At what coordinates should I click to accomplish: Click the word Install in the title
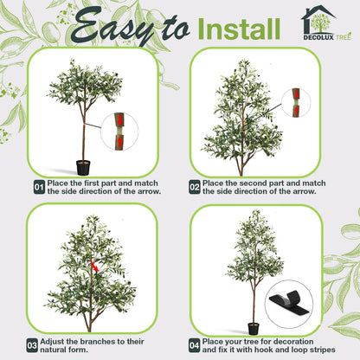coord(240,29)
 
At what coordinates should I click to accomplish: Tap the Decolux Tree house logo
coord(326,23)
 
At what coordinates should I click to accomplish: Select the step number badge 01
coord(39,187)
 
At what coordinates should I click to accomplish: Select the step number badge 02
coord(195,187)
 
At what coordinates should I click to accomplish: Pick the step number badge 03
coord(32,345)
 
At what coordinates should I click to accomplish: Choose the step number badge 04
coord(195,345)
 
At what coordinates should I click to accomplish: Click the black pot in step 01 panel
coord(83,168)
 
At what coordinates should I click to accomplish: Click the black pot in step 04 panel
coord(254,329)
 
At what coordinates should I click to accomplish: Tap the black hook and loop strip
coord(289,303)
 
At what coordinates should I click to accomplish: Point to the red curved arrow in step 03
coord(94,266)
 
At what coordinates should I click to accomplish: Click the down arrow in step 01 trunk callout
coord(120,120)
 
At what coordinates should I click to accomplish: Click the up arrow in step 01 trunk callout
coord(120,142)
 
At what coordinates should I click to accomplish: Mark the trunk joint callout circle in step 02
coord(296,103)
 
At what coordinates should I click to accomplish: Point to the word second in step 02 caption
coord(253,183)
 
